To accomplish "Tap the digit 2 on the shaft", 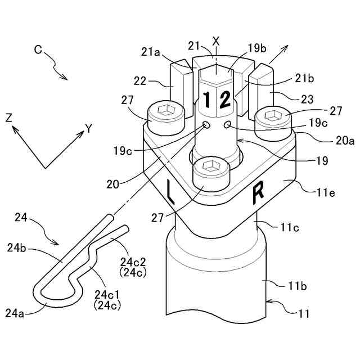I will [x=224, y=101].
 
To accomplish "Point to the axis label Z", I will [x=9, y=118].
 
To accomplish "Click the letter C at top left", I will [x=38, y=49].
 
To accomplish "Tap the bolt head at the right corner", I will [x=274, y=116].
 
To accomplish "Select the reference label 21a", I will [x=152, y=52].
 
